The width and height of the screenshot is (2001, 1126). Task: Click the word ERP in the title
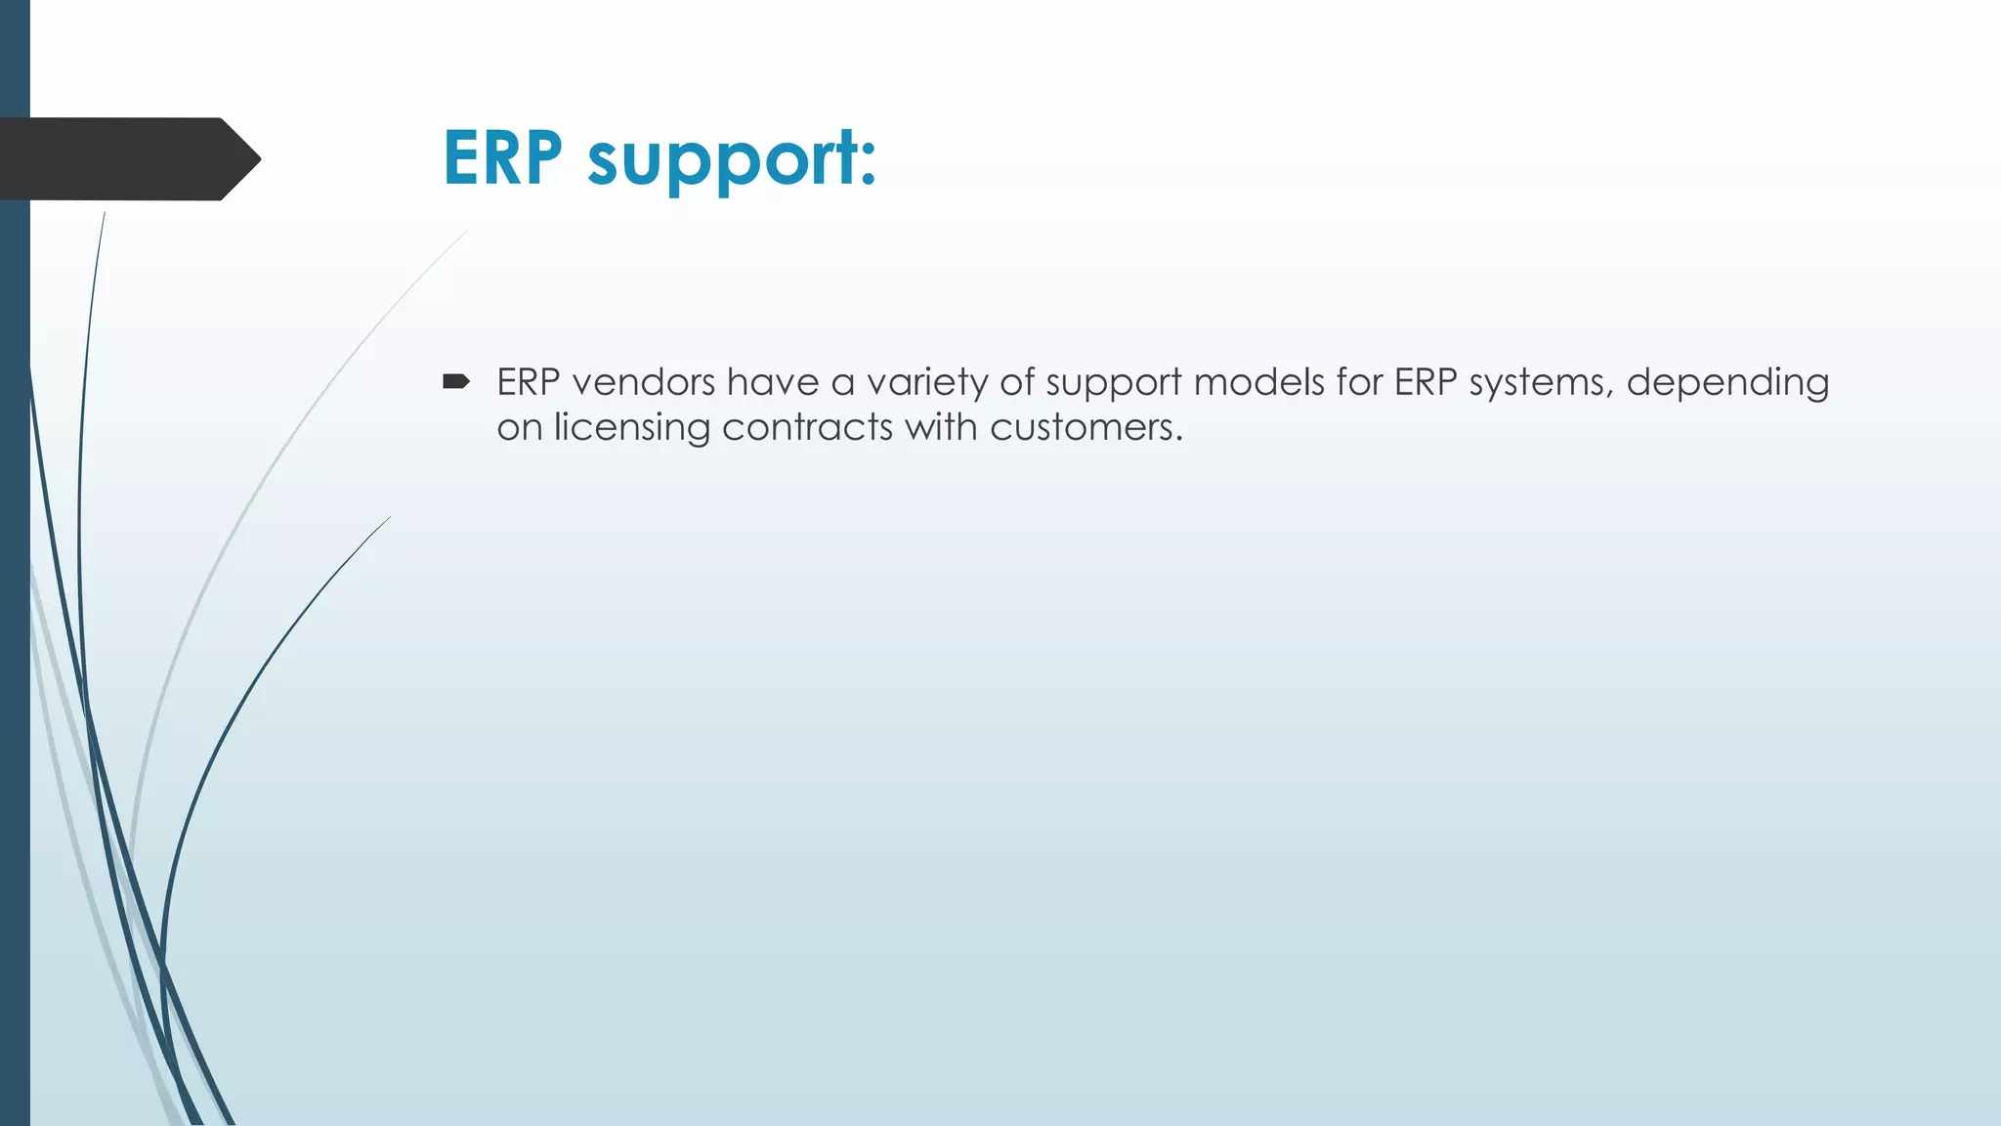502,157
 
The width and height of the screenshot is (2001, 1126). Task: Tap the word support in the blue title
731,161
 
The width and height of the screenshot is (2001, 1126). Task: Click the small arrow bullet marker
455,381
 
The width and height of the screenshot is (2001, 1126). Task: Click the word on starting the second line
519,428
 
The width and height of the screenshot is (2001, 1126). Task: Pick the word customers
1086,428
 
